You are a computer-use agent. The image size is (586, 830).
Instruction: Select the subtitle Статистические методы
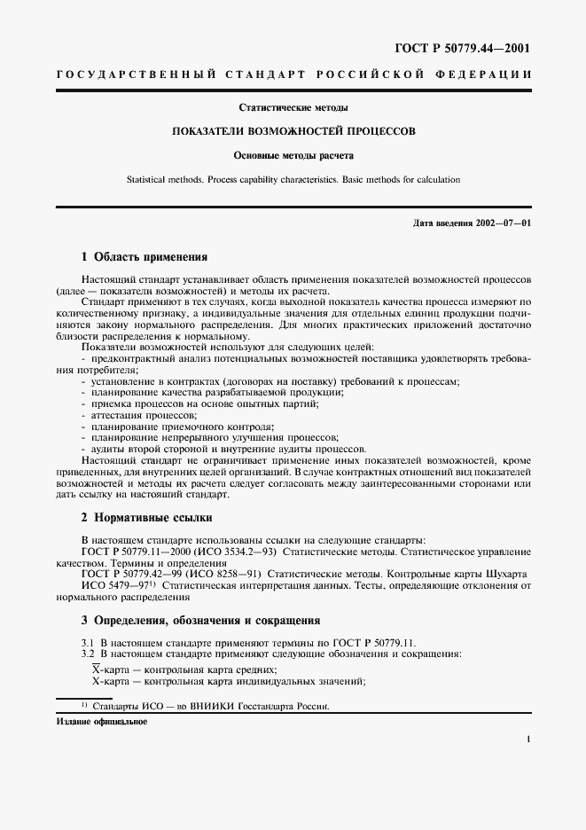293,108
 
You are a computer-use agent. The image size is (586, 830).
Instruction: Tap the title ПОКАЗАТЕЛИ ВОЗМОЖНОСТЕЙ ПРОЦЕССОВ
293,131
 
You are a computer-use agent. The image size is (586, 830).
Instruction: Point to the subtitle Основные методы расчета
293,155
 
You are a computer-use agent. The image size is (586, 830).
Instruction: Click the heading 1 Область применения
144,257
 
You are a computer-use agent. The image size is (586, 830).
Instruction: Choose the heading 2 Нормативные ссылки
146,517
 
